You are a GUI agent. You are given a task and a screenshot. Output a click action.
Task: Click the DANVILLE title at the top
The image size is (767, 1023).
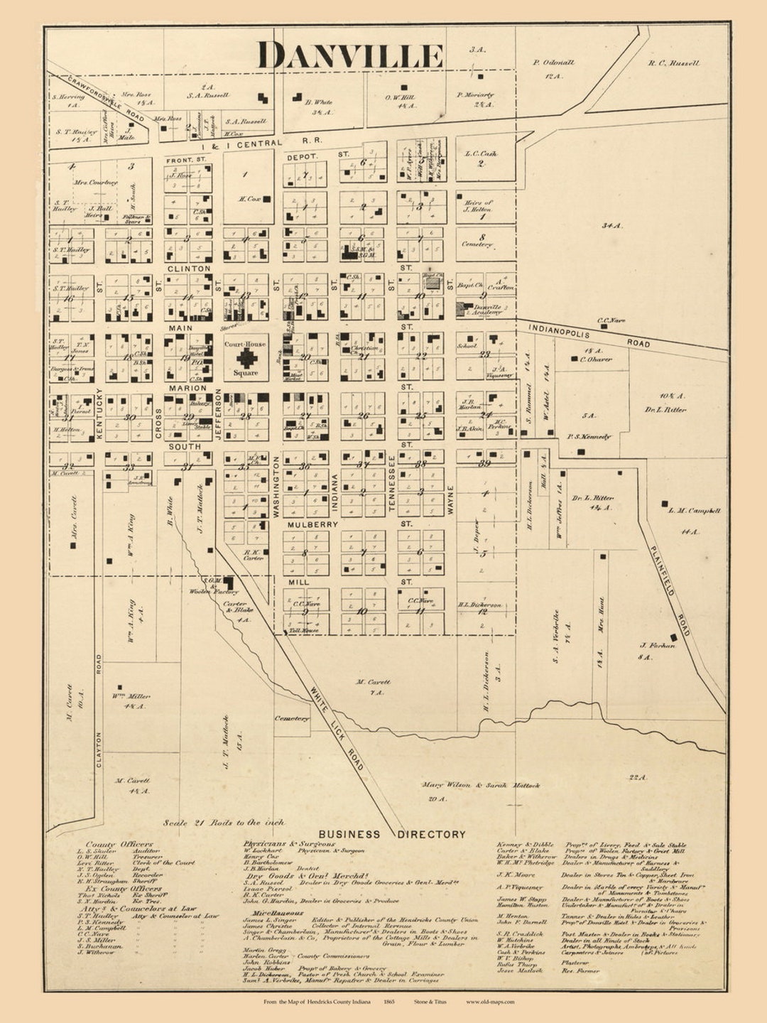349,56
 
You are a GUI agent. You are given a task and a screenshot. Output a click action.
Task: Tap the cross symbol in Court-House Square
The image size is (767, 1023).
246,358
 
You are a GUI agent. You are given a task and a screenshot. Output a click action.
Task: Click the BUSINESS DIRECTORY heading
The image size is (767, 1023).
391,834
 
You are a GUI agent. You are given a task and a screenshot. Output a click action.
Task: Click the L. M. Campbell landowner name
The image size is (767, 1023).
694,511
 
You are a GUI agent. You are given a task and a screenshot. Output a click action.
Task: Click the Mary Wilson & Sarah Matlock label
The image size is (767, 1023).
481,786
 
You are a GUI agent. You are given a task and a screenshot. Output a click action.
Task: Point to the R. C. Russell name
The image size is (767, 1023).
673,63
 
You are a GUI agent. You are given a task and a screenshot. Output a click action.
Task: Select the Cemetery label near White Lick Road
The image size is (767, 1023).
292,718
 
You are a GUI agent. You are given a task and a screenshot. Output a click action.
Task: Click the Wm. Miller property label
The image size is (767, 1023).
131,697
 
